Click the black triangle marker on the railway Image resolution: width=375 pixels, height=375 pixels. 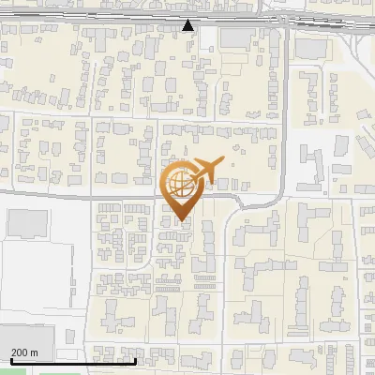click(188, 25)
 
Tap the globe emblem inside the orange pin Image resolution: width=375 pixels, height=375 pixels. click(180, 185)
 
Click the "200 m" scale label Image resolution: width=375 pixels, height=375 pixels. click(24, 352)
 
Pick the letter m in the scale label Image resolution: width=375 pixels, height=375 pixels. click(35, 352)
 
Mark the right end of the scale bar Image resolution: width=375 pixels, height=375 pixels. click(136, 361)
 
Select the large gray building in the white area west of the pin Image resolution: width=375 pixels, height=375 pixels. click(27, 223)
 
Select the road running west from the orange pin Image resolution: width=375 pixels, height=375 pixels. click(84, 197)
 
